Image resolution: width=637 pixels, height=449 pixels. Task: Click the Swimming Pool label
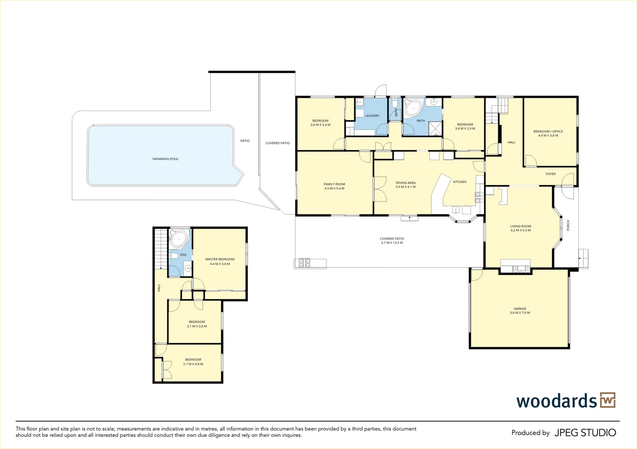tap(165, 159)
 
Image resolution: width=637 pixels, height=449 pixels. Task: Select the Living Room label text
tap(520, 226)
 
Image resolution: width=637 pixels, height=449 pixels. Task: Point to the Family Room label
tap(334, 184)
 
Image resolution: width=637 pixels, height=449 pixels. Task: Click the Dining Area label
tap(406, 183)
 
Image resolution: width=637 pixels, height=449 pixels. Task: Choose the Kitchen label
tap(460, 182)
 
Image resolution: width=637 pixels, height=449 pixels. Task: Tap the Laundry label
tap(372, 116)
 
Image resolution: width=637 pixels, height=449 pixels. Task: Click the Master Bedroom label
tap(220, 259)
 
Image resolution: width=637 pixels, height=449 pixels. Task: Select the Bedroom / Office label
tap(548, 131)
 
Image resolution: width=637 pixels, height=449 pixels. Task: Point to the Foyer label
tap(550, 174)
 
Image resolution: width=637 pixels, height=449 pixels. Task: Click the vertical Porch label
tap(568, 225)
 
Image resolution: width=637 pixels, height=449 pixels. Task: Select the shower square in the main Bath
tap(435, 128)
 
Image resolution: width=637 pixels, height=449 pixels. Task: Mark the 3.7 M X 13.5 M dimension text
tap(392, 243)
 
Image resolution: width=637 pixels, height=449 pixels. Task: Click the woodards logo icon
tap(607, 400)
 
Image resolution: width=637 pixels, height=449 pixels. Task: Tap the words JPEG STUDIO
tap(585, 433)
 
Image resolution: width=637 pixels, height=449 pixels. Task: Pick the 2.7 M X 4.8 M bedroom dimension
tap(193, 364)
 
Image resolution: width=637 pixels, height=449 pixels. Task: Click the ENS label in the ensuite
tap(183, 254)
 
